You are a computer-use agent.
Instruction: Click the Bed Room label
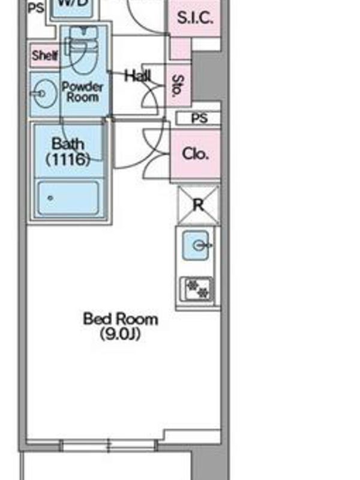(x=121, y=319)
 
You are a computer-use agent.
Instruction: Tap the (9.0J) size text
(x=121, y=334)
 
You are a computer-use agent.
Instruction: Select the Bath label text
(x=68, y=144)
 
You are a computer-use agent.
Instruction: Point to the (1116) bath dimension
(x=68, y=159)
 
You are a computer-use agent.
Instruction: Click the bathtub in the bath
(x=68, y=198)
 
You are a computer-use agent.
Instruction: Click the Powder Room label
(x=82, y=92)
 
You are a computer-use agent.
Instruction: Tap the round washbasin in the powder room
(x=44, y=94)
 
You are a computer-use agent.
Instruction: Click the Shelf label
(x=44, y=55)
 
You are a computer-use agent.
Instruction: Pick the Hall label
(x=138, y=76)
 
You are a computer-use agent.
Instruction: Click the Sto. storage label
(x=178, y=86)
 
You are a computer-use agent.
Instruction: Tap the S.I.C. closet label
(x=194, y=18)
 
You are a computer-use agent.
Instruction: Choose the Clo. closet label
(x=196, y=154)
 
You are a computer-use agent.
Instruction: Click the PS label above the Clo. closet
(x=200, y=118)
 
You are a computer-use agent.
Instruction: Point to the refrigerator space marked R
(x=199, y=205)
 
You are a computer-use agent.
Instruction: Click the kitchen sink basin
(x=196, y=245)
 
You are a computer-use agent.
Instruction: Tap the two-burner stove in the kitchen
(x=197, y=289)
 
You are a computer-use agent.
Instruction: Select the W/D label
(x=73, y=3)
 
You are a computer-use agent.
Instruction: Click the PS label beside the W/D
(x=36, y=8)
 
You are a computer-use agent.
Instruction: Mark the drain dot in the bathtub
(x=50, y=199)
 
